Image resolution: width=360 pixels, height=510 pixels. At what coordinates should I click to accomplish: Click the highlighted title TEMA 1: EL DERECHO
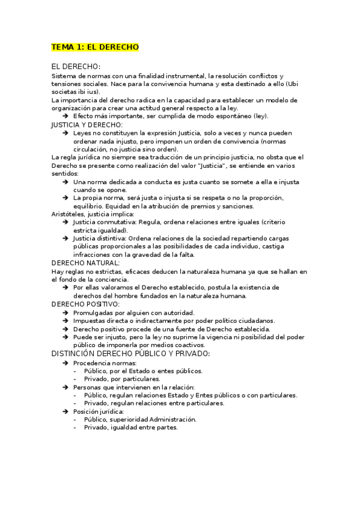tap(95, 47)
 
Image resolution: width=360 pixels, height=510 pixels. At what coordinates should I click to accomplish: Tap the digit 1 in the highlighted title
tap(79, 47)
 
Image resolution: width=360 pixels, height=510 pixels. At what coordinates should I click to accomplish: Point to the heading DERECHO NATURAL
tap(85, 263)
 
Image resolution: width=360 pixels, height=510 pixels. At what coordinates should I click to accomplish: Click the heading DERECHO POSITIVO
tap(87, 304)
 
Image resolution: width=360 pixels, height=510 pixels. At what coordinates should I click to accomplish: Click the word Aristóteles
tap(68, 214)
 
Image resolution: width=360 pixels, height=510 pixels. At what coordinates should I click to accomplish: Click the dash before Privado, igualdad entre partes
tap(75, 428)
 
